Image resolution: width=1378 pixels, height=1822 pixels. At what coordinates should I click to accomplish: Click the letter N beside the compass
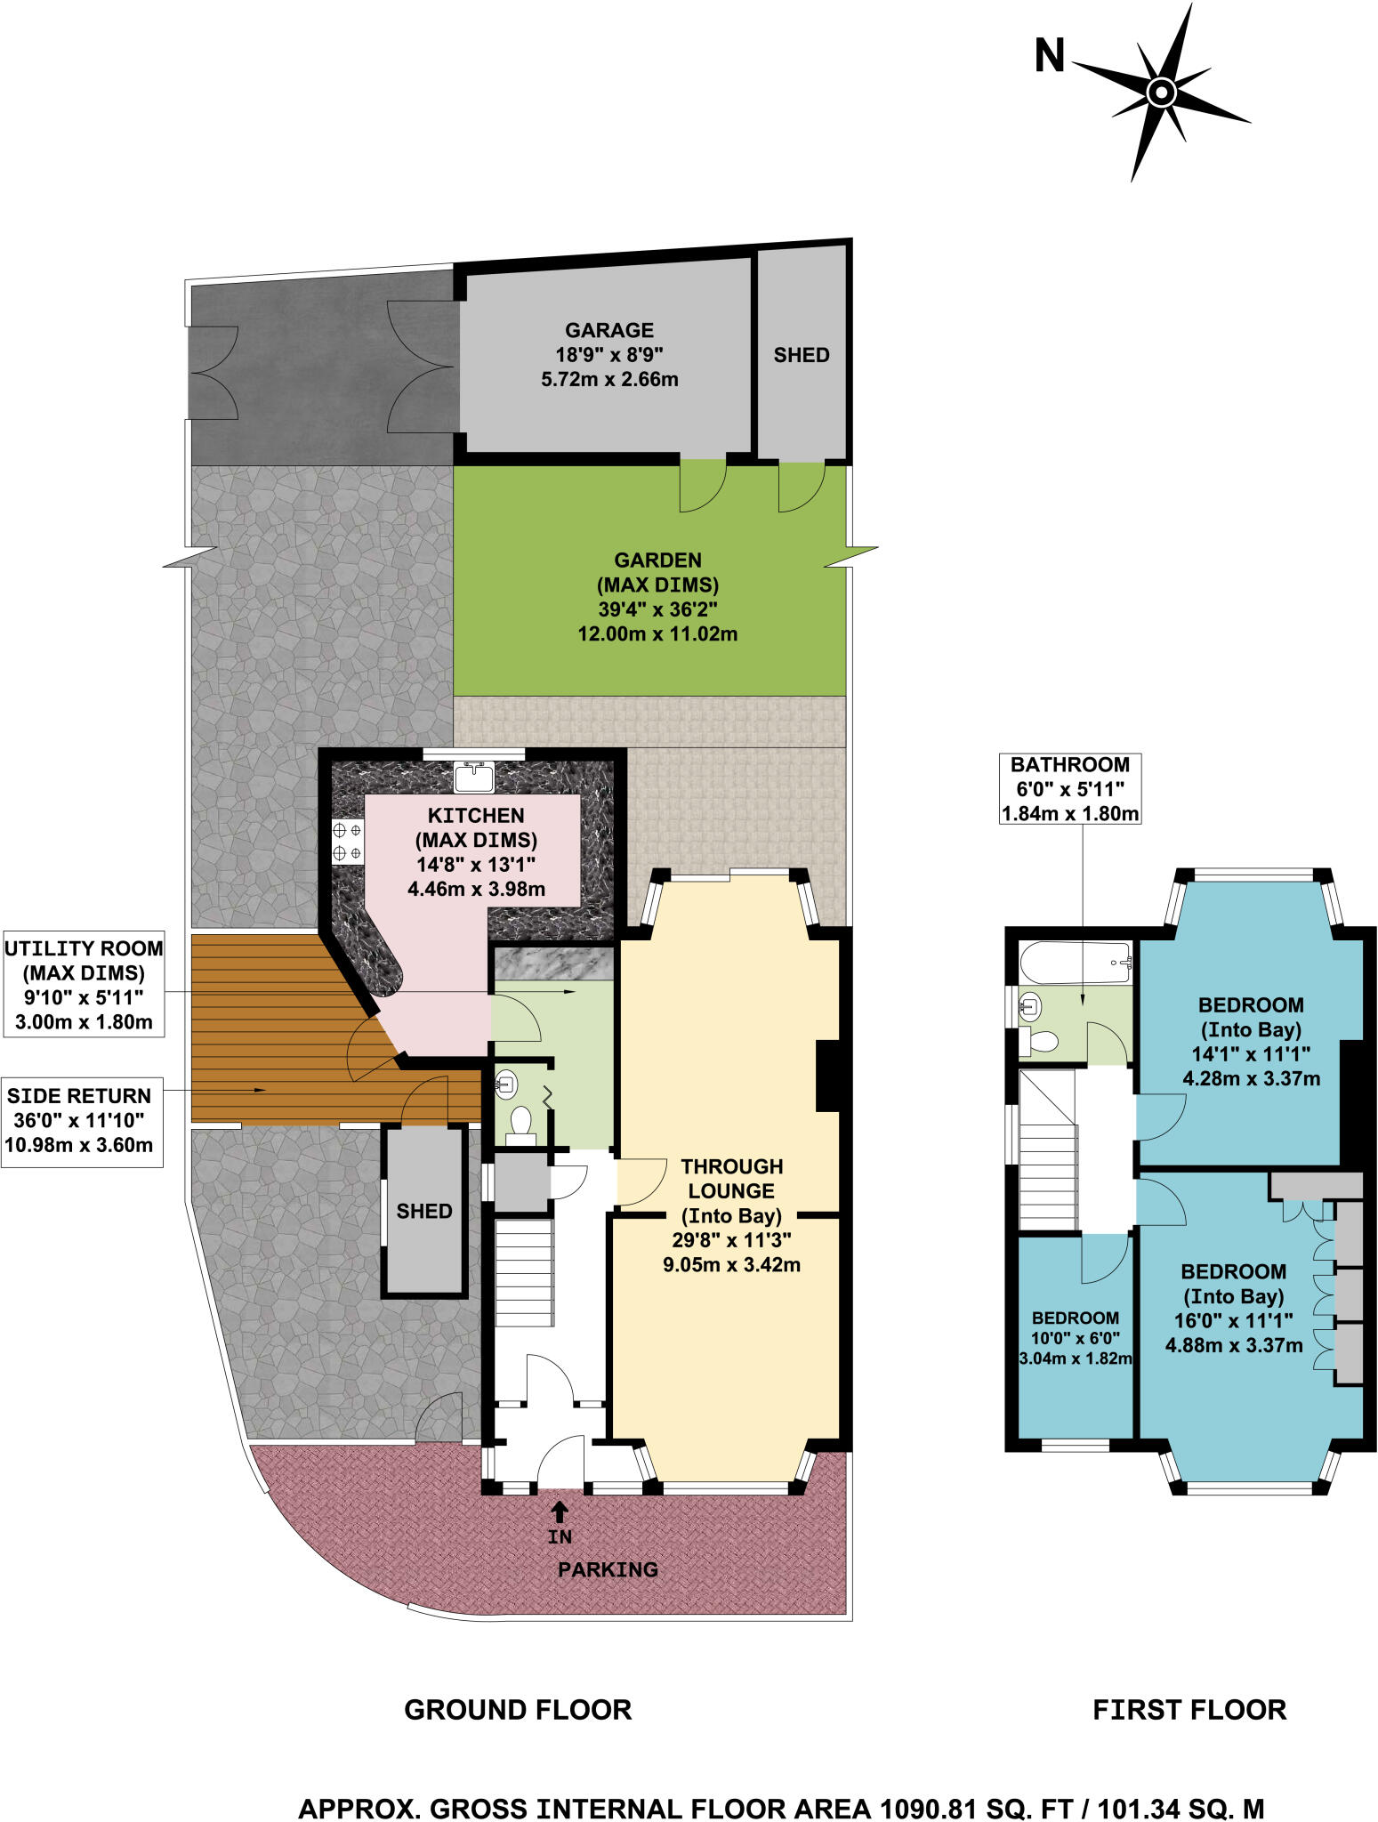point(1050,57)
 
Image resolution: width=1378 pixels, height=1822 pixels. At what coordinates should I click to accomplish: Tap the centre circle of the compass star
point(1161,93)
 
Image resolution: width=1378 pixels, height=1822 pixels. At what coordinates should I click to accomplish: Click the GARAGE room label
point(609,330)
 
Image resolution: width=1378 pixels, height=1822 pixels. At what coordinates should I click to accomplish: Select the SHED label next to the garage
point(801,355)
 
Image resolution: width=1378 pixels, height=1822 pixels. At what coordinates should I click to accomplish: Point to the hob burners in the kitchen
point(347,841)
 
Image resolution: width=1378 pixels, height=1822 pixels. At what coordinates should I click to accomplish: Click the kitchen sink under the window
point(473,777)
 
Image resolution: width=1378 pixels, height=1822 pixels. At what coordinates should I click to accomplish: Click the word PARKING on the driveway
point(608,1569)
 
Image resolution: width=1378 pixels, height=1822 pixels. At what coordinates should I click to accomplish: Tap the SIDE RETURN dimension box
point(81,1120)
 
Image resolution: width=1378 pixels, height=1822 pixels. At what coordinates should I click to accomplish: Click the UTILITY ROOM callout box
point(83,985)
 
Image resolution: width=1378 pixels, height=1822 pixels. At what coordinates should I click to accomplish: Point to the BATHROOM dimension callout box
point(1070,789)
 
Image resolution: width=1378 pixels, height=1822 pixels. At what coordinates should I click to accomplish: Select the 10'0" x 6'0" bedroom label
point(1075,1338)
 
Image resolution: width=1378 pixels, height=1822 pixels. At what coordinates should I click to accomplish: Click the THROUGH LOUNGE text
point(731,1179)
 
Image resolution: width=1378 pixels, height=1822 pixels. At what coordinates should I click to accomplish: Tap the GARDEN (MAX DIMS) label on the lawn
point(657,573)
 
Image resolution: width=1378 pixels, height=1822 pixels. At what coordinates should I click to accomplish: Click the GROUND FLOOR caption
point(518,1710)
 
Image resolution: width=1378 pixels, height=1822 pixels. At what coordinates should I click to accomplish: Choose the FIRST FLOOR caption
point(1189,1710)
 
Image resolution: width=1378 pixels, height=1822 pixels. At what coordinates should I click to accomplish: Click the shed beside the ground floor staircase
point(424,1211)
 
